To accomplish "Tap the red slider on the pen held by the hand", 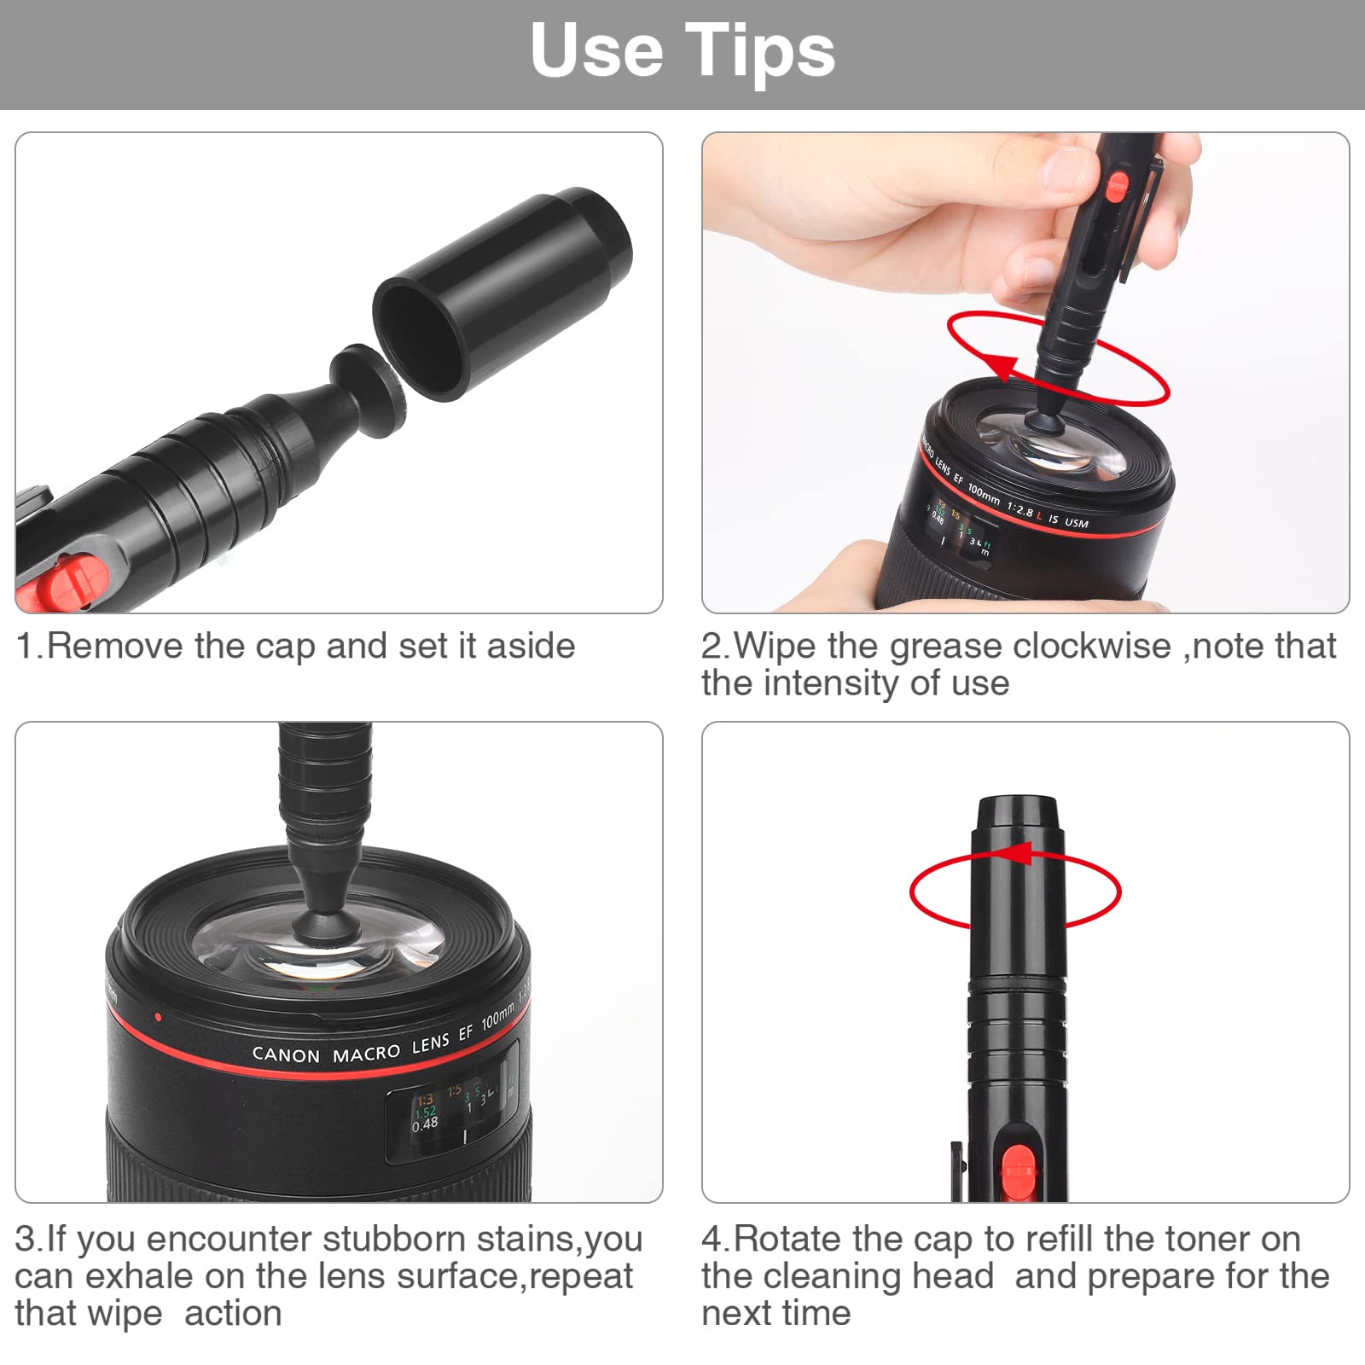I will pyautogui.click(x=1116, y=187).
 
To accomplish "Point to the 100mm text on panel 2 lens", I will pyautogui.click(x=984, y=492).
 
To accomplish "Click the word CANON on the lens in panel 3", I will pyautogui.click(x=286, y=1055).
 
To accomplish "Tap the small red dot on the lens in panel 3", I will pyautogui.click(x=158, y=1017).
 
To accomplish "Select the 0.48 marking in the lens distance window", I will pyautogui.click(x=425, y=1124).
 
